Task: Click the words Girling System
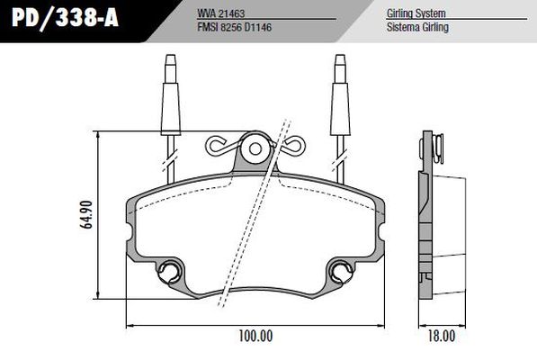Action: tap(416, 14)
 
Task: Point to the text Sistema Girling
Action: tap(417, 28)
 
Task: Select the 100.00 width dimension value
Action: tap(255, 337)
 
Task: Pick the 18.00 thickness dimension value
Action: tap(441, 337)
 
